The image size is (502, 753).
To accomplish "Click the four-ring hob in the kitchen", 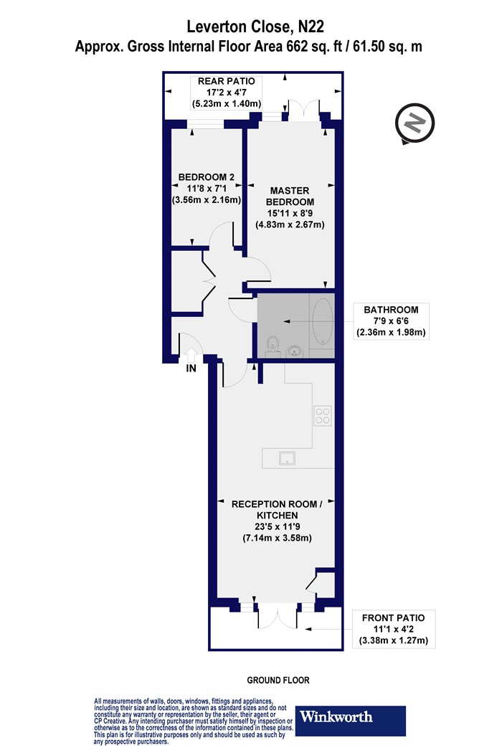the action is click(322, 416).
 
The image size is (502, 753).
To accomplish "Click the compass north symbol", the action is click(415, 123).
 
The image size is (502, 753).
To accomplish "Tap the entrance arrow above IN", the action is click(191, 356).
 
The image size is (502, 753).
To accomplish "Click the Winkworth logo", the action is click(350, 721).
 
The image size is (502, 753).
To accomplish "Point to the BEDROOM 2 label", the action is click(206, 177).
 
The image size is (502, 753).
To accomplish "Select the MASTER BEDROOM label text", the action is click(290, 196).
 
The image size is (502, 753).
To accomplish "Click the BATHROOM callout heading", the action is click(391, 310).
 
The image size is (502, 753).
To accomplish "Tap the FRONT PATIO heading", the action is click(394, 618).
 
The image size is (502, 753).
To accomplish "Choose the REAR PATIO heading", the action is click(227, 81).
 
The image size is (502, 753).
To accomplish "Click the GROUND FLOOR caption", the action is click(278, 680).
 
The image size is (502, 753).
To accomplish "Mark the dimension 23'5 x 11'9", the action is click(278, 527).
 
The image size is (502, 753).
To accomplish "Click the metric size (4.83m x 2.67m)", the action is click(290, 224).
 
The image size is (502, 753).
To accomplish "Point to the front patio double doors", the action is click(278, 617).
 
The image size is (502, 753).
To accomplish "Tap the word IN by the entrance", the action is click(191, 369).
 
